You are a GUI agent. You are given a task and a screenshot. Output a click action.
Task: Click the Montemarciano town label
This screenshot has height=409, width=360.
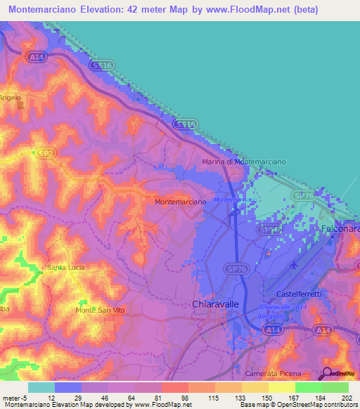(x=180, y=202)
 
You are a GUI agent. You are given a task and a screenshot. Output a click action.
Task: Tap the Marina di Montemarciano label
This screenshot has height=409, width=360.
(x=243, y=162)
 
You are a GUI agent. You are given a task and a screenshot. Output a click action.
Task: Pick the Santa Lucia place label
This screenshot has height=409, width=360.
(x=65, y=267)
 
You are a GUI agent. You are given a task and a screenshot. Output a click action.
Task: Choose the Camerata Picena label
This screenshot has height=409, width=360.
(x=275, y=372)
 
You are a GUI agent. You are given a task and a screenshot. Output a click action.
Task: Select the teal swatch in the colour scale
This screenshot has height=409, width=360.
(x=41, y=387)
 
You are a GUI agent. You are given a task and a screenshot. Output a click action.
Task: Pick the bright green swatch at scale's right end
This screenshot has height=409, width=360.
(x=335, y=387)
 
